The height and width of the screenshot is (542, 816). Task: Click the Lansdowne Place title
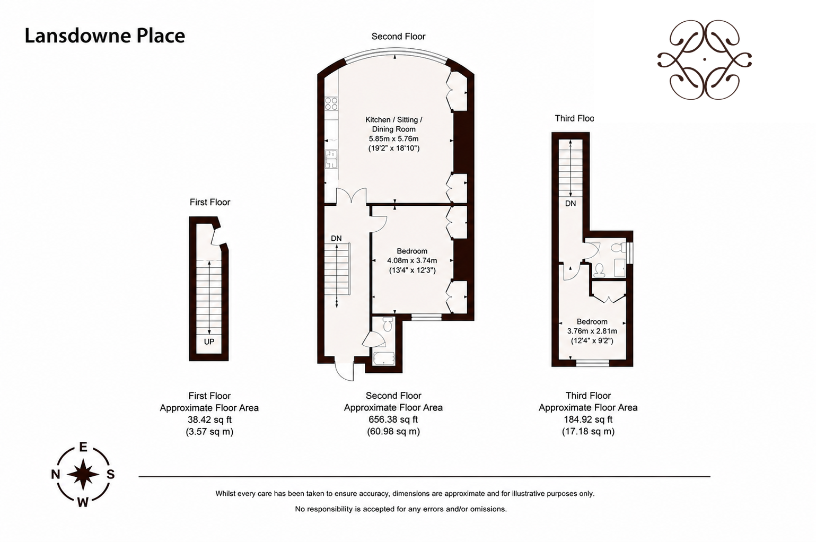point(104,36)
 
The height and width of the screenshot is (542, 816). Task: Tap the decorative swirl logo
point(705,59)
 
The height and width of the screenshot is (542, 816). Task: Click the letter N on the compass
point(55,474)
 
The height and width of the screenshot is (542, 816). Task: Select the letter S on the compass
point(110,474)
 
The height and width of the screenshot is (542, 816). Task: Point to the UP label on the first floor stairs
point(209,342)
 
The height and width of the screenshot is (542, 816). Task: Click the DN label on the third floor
point(571,204)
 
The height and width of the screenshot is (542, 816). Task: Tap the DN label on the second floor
point(336,239)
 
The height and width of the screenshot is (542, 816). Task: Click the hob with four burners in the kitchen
point(331,103)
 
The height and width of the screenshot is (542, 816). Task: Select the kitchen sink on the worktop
point(331,160)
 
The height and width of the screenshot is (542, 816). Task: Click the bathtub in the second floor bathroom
point(384,359)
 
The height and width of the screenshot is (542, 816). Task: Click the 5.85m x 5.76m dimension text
point(394,139)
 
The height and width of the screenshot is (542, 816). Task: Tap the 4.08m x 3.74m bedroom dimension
point(412,261)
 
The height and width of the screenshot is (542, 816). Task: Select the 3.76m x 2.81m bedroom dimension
point(592,331)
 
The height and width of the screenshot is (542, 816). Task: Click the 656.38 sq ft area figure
point(393,419)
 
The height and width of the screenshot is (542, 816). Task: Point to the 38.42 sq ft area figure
point(209,419)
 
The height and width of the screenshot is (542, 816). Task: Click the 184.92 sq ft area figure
point(588,419)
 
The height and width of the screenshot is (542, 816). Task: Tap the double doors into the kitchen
point(351,196)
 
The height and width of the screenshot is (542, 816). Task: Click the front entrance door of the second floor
point(345,369)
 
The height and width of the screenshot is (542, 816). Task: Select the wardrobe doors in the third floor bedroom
point(609,299)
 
